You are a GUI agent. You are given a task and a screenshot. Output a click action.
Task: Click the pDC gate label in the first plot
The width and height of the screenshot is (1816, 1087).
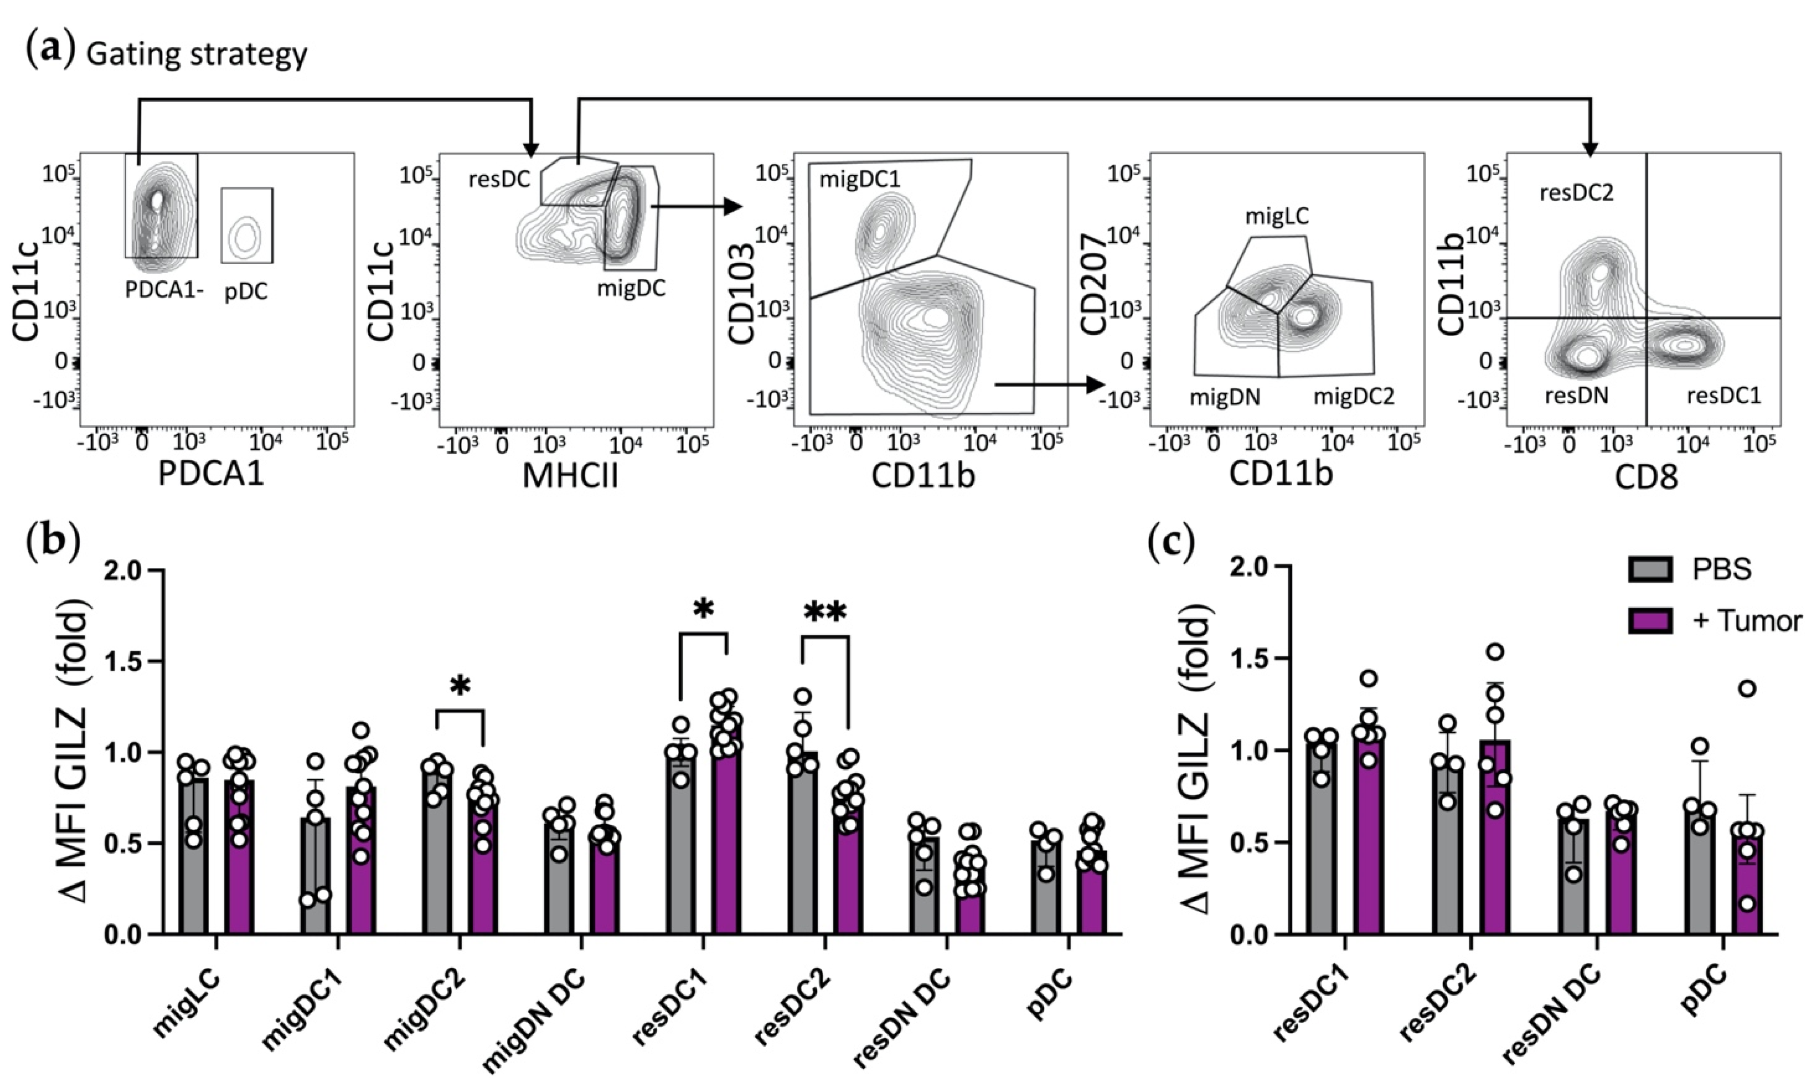point(245,292)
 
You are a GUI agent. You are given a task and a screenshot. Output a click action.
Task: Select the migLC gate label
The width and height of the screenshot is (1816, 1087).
point(1277,216)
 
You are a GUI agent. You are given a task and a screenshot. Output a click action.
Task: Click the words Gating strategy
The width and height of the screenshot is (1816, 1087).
point(196,55)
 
